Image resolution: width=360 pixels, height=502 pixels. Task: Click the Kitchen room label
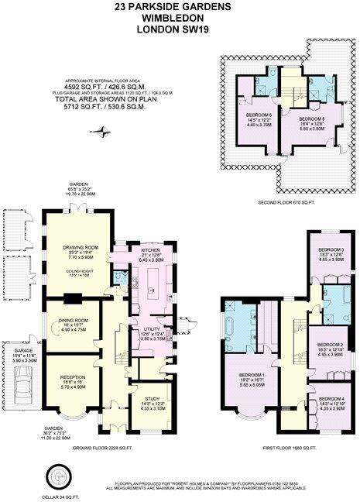pos(149,250)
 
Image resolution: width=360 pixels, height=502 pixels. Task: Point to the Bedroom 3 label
pos(331,249)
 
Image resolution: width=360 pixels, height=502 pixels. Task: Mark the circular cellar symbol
pos(57,474)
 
